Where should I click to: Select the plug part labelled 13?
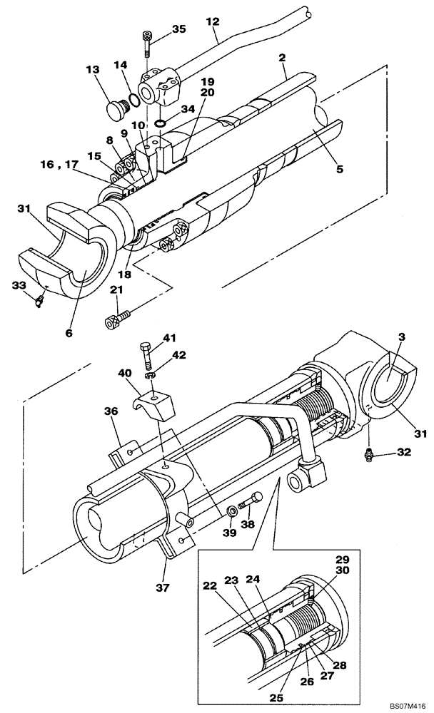tap(113, 111)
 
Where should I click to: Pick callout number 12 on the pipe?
tap(212, 22)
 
